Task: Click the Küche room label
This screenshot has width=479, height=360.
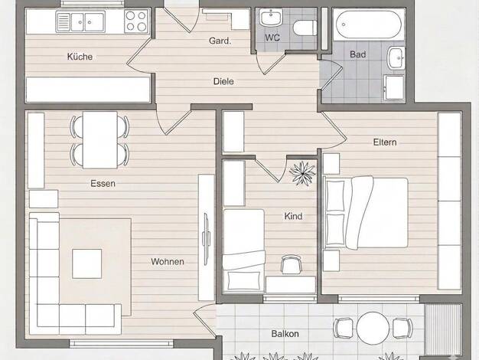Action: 80,57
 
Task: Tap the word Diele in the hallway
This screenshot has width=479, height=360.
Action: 223,81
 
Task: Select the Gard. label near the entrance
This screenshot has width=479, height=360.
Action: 220,41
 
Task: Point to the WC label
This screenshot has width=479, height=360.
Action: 272,38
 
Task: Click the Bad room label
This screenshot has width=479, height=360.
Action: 358,54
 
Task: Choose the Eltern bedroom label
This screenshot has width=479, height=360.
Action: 385,142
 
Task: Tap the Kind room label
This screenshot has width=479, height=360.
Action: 293,216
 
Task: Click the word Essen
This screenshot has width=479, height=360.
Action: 103,184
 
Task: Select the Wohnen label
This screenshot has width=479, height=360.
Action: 168,262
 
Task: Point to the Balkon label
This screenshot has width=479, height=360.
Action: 285,334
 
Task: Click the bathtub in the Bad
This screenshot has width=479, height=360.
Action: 369,25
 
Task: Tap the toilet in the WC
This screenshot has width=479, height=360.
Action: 305,28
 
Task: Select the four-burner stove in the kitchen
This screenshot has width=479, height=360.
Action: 136,21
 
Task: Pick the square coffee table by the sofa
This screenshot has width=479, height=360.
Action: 87,263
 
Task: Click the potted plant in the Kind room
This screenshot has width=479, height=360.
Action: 302,173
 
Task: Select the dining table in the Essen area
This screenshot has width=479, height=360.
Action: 100,139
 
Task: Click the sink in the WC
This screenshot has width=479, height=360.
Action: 271,17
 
